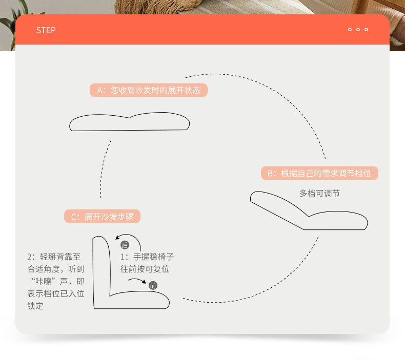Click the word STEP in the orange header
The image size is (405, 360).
(x=46, y=30)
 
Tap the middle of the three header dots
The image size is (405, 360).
(x=358, y=29)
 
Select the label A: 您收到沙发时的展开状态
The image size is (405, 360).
(x=149, y=90)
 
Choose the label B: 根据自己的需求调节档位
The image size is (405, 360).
(x=319, y=173)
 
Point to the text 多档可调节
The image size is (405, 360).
(x=319, y=193)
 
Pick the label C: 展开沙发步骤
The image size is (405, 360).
(x=103, y=217)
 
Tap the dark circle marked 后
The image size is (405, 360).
(x=125, y=245)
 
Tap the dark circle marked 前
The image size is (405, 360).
(x=153, y=285)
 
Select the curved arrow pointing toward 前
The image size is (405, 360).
(x=137, y=280)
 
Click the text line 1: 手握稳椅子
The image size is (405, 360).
(x=147, y=257)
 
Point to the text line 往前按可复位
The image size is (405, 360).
(x=145, y=269)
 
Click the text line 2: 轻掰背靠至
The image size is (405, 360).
(x=54, y=257)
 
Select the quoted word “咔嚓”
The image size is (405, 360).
(x=44, y=281)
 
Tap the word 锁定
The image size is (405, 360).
(x=35, y=306)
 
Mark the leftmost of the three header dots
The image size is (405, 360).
(x=350, y=29)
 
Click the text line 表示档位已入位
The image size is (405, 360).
(x=55, y=293)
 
